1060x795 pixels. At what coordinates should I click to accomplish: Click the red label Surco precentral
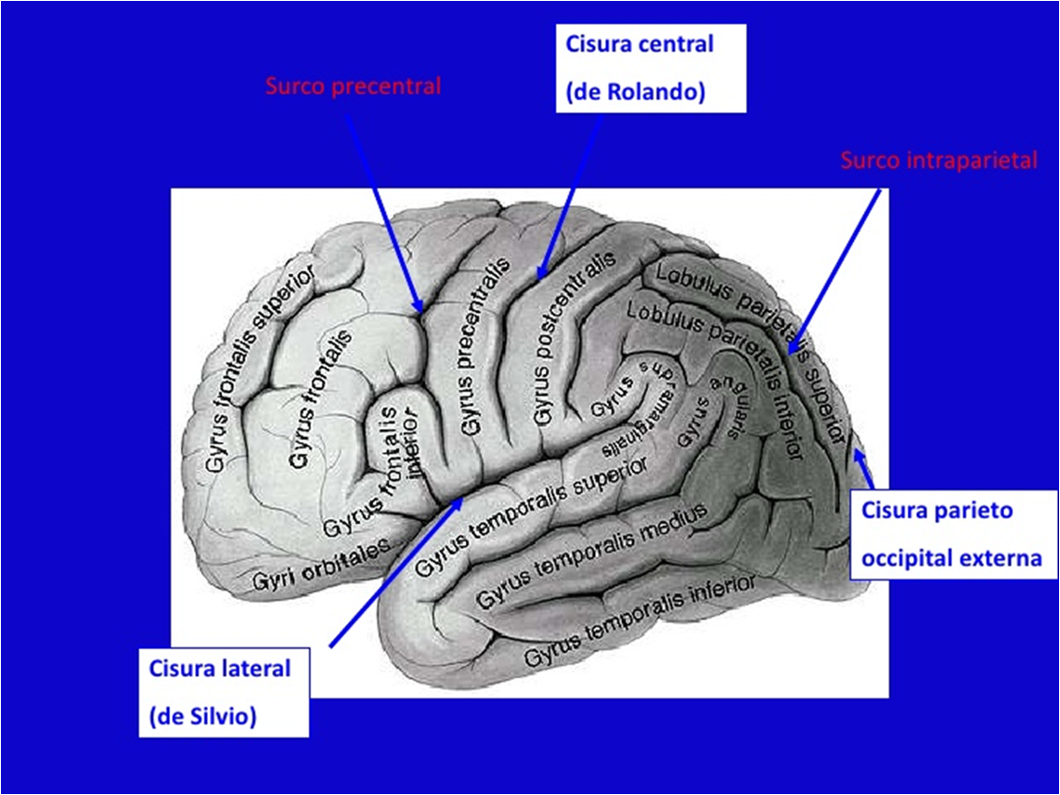point(353,86)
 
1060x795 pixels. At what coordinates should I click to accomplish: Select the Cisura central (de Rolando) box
point(651,69)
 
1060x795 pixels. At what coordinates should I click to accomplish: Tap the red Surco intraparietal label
point(938,160)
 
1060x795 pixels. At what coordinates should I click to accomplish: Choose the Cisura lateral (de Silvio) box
point(223,692)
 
